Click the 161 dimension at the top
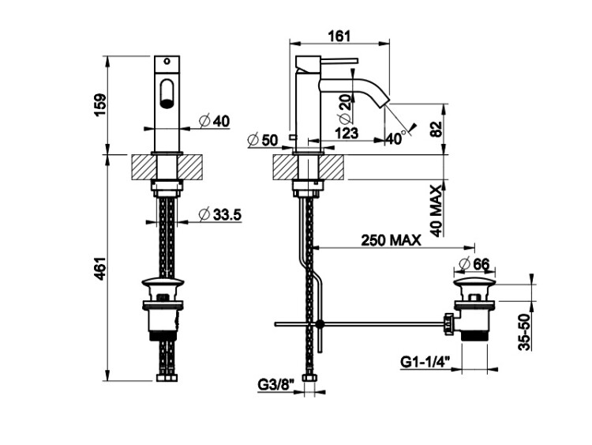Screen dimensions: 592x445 point(339,36)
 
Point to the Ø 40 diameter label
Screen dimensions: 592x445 point(215,122)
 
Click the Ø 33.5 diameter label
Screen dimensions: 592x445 point(219,215)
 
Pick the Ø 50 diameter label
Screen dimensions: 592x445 point(263,140)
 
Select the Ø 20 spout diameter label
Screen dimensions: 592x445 point(345,107)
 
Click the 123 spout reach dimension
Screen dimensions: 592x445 point(347,133)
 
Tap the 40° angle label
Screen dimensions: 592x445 point(396,139)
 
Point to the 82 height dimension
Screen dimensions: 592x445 point(436,130)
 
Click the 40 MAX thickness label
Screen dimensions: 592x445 point(436,211)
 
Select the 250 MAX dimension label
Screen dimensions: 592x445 point(391,240)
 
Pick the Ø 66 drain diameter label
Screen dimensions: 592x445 point(474,264)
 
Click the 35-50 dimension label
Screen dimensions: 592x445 point(524,332)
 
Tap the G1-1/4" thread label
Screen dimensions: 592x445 point(426,362)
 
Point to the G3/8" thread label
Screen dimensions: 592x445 point(276,385)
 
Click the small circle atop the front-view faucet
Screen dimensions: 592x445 point(167,61)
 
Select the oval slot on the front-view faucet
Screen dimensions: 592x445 point(167,93)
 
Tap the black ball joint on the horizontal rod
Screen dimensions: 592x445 point(320,323)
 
